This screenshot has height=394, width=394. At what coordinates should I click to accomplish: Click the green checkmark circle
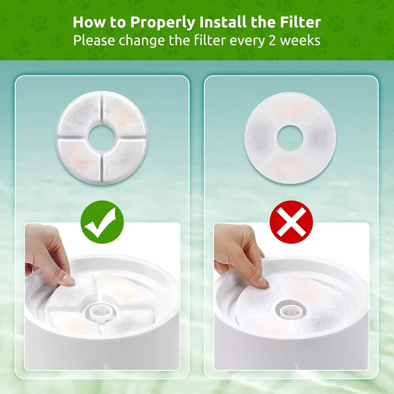click(102, 222)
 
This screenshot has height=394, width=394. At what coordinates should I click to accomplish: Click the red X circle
click(291, 222)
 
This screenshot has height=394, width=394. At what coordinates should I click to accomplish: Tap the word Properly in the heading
click(163, 23)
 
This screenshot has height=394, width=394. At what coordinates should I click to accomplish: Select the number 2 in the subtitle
click(273, 41)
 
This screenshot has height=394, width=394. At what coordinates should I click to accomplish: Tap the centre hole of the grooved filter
click(101, 137)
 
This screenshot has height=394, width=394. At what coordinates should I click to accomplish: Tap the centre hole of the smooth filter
click(290, 138)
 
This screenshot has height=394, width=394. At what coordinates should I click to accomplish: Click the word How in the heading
click(89, 22)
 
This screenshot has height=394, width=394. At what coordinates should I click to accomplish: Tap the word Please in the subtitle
click(94, 40)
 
